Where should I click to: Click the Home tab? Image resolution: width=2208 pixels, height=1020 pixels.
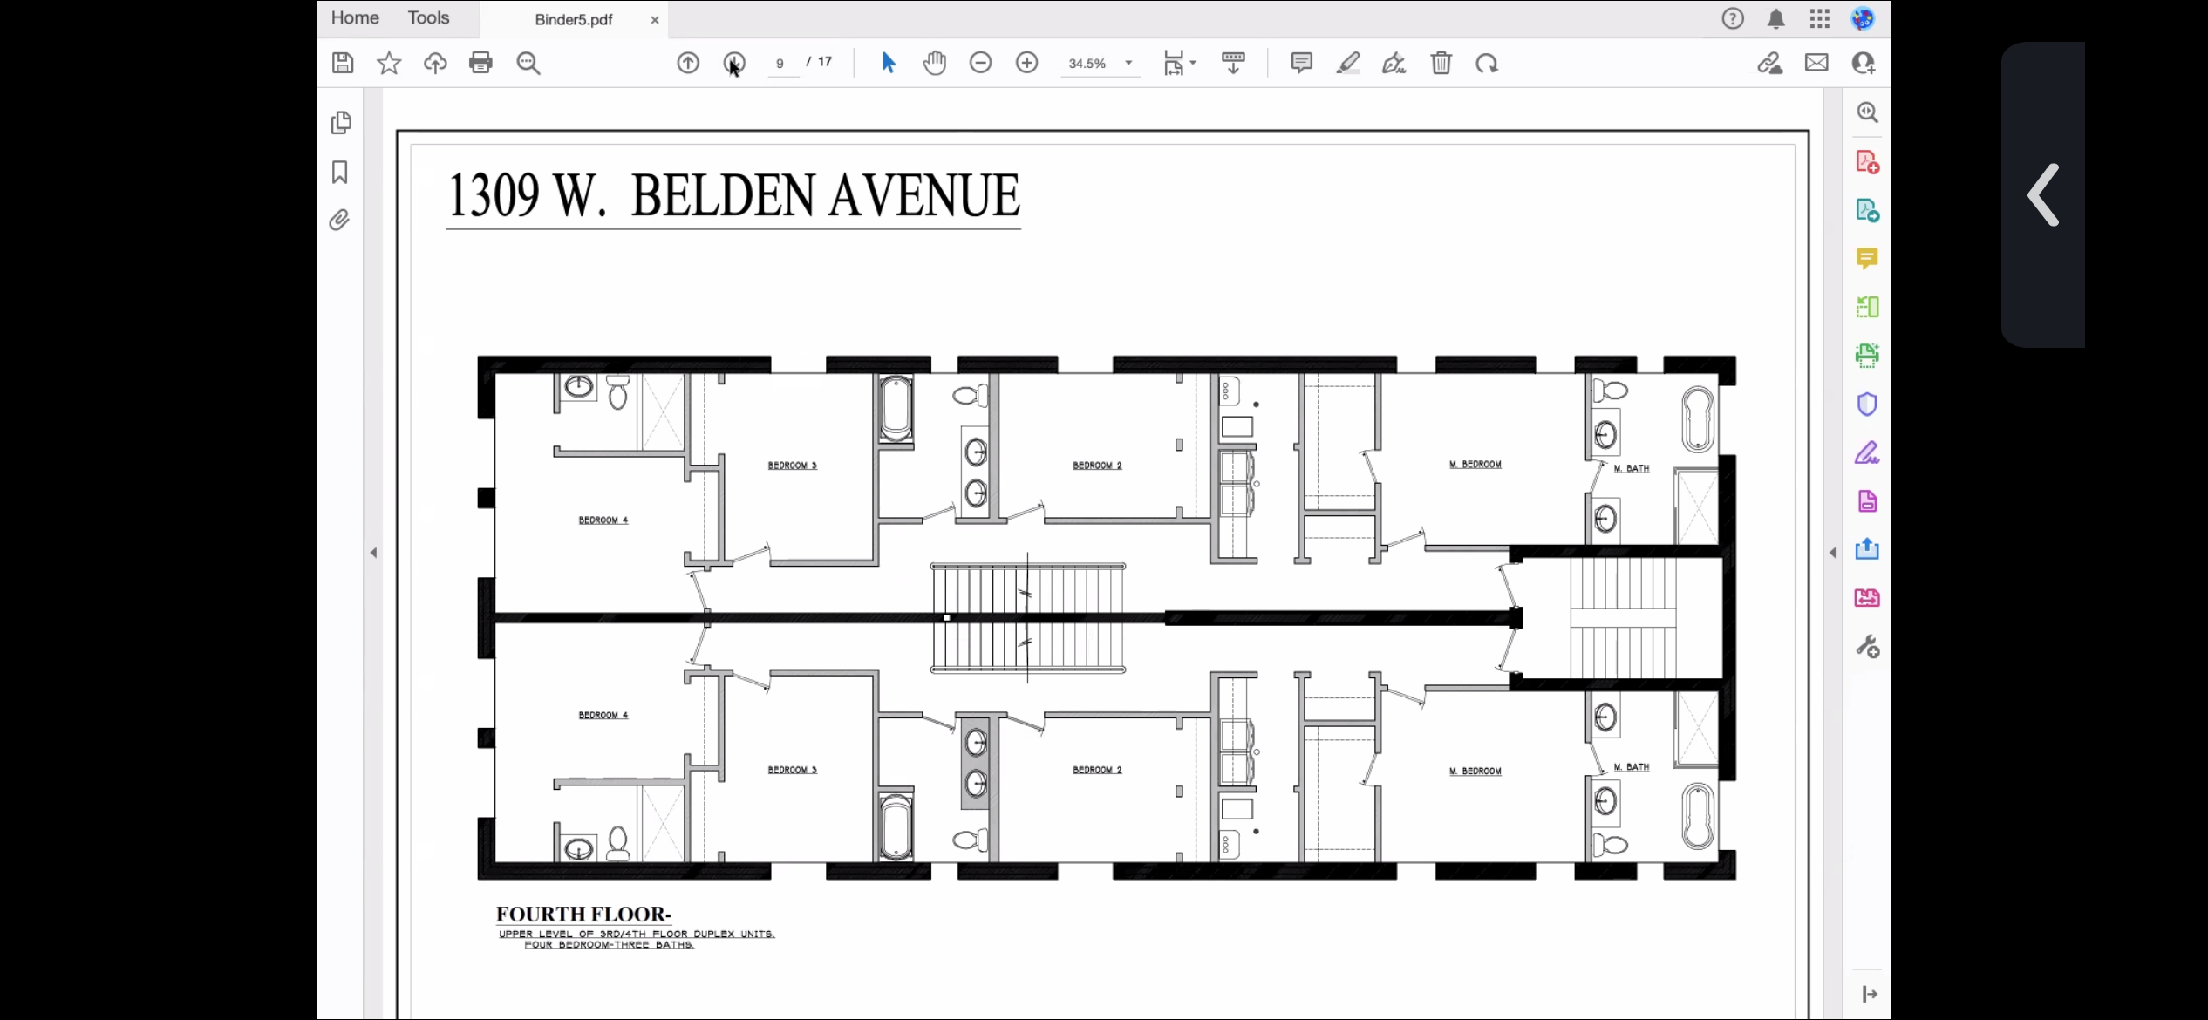point(355,17)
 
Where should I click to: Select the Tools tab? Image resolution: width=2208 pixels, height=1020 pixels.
point(428,17)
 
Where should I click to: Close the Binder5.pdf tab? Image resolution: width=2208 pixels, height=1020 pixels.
point(655,20)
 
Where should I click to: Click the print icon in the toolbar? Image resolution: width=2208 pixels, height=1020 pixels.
point(480,63)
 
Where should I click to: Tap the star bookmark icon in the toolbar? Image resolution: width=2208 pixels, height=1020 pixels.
point(389,63)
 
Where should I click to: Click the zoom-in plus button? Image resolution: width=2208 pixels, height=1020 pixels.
point(1027,63)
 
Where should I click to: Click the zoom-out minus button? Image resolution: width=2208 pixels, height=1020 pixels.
point(981,63)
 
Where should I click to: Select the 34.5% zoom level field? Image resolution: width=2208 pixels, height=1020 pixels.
point(1087,64)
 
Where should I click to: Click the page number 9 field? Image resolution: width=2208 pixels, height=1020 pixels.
point(780,64)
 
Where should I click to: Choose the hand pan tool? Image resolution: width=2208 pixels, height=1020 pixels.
point(935,63)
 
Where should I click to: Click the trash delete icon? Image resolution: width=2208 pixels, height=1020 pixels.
point(1441,63)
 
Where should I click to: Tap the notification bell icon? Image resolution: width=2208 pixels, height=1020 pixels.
point(1776,19)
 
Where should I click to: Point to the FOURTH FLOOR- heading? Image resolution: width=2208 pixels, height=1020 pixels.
point(583,915)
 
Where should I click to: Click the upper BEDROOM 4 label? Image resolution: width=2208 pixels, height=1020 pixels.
point(603,520)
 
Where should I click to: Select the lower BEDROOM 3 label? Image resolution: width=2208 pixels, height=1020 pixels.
point(793,770)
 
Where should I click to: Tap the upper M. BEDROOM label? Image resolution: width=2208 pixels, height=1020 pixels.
point(1475,465)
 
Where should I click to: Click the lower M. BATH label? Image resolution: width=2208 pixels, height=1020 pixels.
point(1632,767)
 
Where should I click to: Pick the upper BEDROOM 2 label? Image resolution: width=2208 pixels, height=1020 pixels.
point(1098,466)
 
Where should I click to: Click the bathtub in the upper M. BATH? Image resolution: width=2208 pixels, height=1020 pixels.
point(1698,419)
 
